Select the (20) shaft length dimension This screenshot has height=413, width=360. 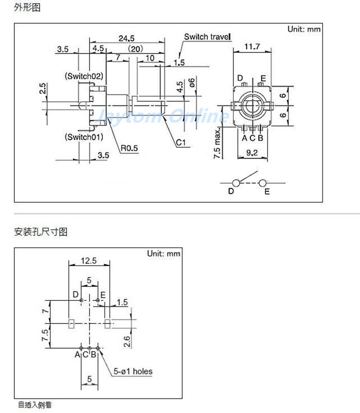pos(135,49)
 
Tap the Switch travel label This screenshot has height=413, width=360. pos(208,37)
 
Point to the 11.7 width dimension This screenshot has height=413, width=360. pos(251,47)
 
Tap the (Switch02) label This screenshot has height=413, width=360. pos(84,76)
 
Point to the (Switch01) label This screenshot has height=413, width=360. pos(84,137)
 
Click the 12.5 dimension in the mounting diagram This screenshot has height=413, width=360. pos(89,261)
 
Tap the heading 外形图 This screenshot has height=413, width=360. pos(27,8)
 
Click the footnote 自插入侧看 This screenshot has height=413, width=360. pos(35,405)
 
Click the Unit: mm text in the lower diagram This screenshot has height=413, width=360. pos(164,254)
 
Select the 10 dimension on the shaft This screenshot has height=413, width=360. pos(150,58)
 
